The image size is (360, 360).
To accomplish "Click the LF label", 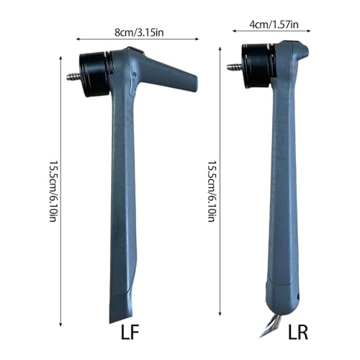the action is [x=130, y=332].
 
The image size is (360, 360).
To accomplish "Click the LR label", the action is [x=298, y=332].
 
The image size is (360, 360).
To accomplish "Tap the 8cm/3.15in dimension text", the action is [x=139, y=32].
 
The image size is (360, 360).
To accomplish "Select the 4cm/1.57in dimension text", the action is [x=274, y=24].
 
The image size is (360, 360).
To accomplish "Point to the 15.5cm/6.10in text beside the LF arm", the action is [x=53, y=191].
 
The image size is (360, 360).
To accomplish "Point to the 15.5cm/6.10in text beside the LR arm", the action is [x=212, y=191].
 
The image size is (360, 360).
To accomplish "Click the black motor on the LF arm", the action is [x=94, y=74].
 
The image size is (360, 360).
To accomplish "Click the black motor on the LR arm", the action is [x=258, y=66].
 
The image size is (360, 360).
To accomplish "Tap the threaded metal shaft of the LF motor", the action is [x=73, y=77].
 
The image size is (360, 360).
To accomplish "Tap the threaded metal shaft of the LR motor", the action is [x=234, y=66].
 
